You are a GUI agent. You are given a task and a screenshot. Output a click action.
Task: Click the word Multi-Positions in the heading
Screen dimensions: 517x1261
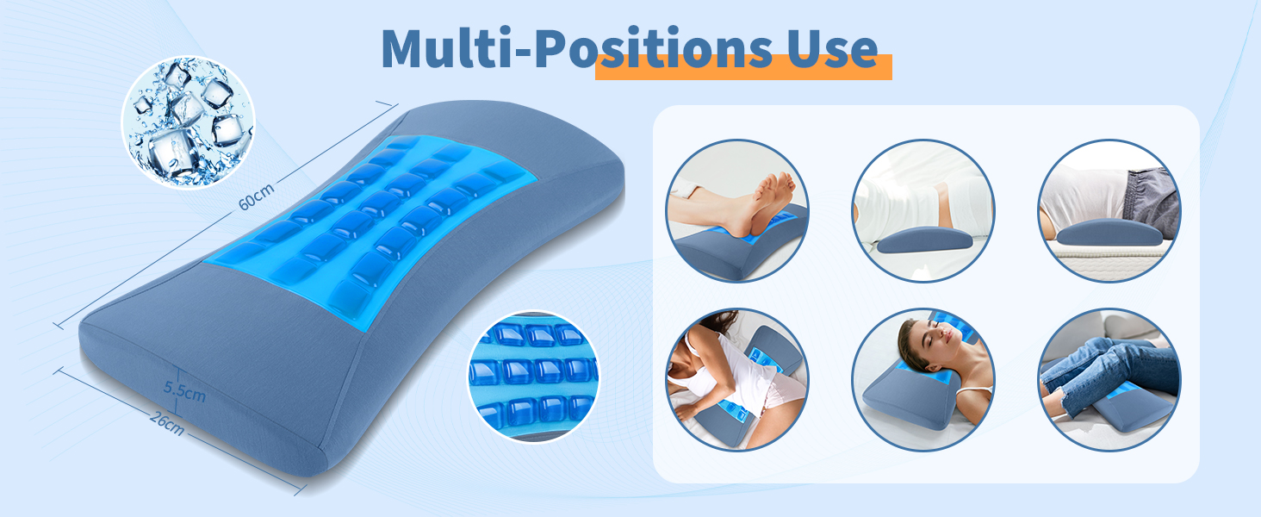[568, 49]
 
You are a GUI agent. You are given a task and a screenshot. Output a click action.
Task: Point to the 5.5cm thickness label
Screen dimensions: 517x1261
[184, 391]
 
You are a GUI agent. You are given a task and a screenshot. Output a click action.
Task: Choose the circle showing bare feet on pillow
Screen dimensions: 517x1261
[736, 211]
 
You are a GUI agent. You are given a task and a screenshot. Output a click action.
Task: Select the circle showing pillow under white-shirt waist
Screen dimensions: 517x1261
[923, 211]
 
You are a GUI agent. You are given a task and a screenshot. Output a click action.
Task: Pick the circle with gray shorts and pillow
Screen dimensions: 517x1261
[1109, 211]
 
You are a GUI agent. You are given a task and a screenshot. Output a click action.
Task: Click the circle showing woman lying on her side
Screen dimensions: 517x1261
[736, 379]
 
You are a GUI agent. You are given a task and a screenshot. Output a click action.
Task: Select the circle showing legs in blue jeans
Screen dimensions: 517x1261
[1109, 379]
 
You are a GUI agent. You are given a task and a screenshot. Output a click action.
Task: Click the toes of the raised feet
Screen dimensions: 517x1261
[780, 184]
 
